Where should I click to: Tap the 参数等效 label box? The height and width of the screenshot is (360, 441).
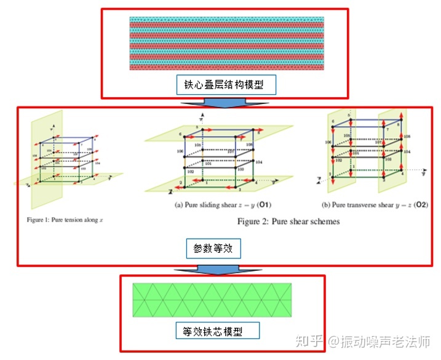[212, 248]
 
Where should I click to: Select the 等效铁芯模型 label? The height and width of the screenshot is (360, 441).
[217, 330]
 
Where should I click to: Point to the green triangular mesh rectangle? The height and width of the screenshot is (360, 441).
[212, 299]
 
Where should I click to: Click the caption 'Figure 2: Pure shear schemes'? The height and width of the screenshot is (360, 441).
[288, 222]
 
